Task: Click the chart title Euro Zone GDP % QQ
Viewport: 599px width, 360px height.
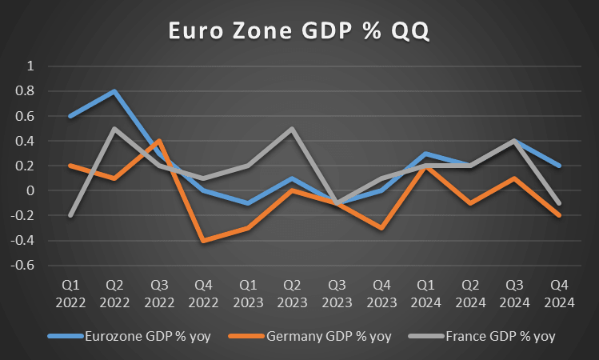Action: coord(299,30)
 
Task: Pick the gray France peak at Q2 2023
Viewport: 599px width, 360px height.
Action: coord(293,129)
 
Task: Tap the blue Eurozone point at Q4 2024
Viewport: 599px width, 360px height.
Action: coord(559,166)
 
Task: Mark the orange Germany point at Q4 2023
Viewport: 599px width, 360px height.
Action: coord(383,228)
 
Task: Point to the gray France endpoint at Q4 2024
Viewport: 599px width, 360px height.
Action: coord(559,203)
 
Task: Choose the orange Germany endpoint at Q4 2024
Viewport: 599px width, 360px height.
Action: coord(559,215)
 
